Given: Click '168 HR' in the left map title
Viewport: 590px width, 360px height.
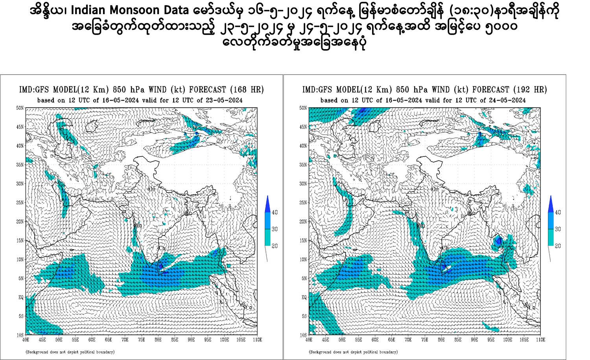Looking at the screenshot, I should (x=247, y=90).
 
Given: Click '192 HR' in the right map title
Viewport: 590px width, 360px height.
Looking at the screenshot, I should (x=530, y=90).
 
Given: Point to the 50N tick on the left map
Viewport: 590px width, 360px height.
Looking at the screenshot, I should (x=20, y=108).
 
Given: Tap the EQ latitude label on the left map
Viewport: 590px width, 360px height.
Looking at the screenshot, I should (x=21, y=297).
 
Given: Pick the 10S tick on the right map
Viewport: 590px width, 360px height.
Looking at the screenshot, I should (x=303, y=335).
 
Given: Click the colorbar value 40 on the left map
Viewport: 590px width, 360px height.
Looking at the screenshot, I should (x=275, y=213).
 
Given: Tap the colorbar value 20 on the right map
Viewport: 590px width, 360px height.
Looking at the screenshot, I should (x=558, y=246).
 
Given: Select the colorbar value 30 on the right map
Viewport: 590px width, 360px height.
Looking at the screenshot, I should (x=558, y=229).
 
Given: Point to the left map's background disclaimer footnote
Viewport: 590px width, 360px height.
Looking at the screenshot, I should (x=70, y=352).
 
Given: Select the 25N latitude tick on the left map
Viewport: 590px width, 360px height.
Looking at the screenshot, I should (x=20, y=202).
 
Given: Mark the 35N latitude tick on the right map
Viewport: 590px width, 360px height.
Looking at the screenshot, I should (x=303, y=165).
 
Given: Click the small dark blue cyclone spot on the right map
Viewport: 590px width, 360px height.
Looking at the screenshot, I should (x=498, y=240).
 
